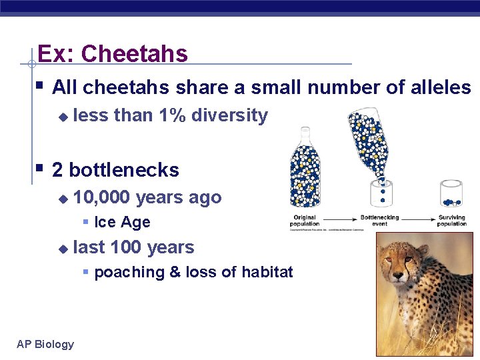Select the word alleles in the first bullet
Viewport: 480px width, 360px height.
(x=441, y=87)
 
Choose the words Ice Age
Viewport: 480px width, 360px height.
(x=122, y=222)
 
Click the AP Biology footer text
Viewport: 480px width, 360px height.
(x=45, y=344)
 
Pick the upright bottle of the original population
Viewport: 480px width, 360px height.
(x=305, y=169)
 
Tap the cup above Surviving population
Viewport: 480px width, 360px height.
(x=451, y=194)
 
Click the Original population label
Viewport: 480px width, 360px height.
(x=305, y=221)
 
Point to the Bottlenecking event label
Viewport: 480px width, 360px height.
(x=379, y=221)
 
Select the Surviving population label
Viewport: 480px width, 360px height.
(x=452, y=221)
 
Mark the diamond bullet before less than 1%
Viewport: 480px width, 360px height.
(x=63, y=117)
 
